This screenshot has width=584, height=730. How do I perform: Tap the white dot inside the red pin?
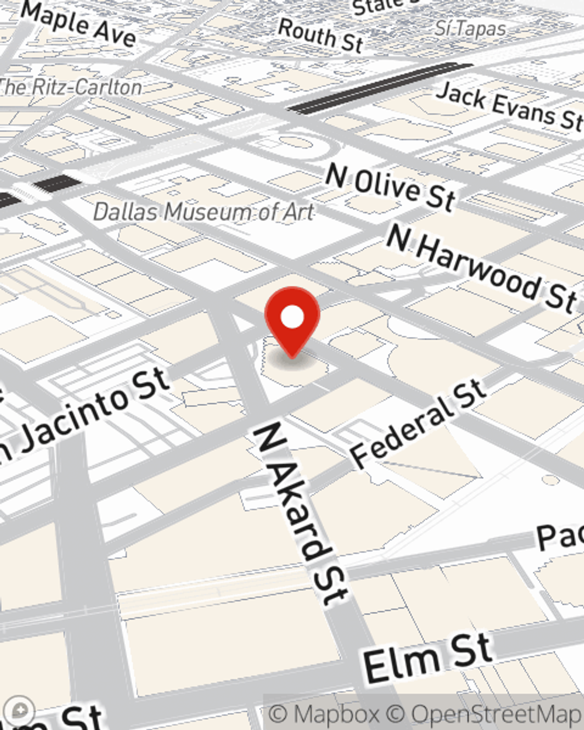(x=293, y=317)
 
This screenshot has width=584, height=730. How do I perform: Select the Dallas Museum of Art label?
(x=204, y=211)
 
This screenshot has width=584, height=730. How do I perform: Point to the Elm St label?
(x=427, y=658)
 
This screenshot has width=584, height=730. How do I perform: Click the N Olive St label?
(x=391, y=187)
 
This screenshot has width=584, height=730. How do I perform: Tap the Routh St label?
(x=321, y=34)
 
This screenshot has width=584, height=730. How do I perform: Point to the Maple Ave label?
(x=79, y=23)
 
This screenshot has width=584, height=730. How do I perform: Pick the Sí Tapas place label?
(x=470, y=28)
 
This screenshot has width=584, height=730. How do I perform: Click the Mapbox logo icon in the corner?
(x=21, y=710)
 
